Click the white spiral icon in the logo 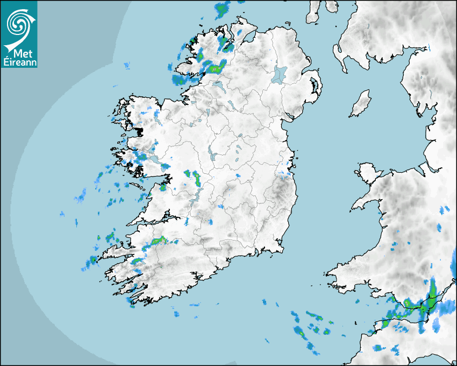click(x=17, y=23)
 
